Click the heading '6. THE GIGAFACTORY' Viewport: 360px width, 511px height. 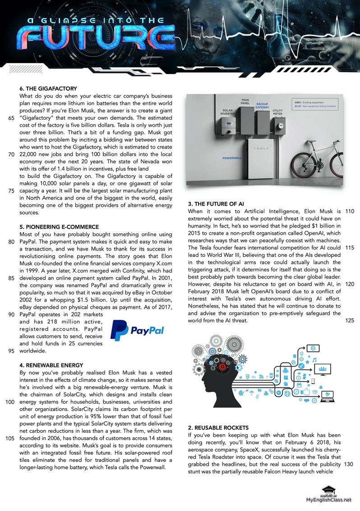pyautogui.click(x=48, y=88)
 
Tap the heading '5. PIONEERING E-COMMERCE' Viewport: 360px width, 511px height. pyautogui.click(x=60, y=227)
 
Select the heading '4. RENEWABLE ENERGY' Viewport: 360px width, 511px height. pyautogui.click(x=51, y=365)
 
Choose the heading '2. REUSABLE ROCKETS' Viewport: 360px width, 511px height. pyautogui.click(x=218, y=427)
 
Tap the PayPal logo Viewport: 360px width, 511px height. pyautogui.click(x=137, y=330)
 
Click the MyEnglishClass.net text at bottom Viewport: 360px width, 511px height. pyautogui.click(x=328, y=500)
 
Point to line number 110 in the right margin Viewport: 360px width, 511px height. pyautogui.click(x=349, y=211)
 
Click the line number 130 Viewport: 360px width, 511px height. pyautogui.click(x=348, y=464)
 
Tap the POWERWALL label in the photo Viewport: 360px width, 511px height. pyautogui.click(x=232, y=158)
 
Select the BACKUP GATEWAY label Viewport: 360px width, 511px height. pyautogui.click(x=262, y=106)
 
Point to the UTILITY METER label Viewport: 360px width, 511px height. pyautogui.click(x=277, y=112)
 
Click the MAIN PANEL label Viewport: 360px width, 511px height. pyautogui.click(x=245, y=102)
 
